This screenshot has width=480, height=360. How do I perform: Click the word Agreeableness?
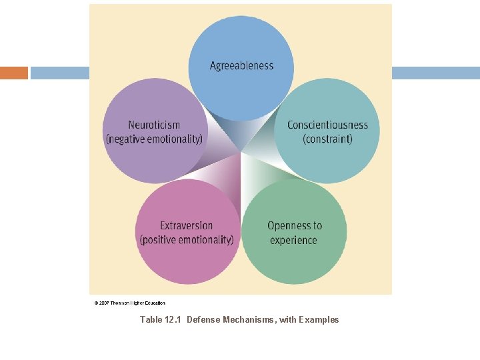[x=241, y=65]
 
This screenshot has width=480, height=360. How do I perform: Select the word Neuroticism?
[x=154, y=125]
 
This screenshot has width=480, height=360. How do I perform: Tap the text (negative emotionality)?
[x=154, y=139]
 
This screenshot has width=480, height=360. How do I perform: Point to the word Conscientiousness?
[x=327, y=125]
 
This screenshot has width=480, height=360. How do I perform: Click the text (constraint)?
[x=327, y=139]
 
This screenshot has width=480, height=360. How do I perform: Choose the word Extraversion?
[x=187, y=225]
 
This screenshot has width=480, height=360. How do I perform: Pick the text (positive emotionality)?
[x=187, y=240]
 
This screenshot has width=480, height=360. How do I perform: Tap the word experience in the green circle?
[x=293, y=240]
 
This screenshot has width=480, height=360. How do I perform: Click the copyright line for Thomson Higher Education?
[x=130, y=303]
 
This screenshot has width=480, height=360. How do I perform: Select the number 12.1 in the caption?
[x=173, y=320]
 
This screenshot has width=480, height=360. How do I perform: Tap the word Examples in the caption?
[x=319, y=320]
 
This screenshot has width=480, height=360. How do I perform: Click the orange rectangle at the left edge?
[x=14, y=73]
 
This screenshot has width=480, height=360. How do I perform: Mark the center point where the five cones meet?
[x=240, y=152]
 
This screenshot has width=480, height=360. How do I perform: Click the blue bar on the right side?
[x=435, y=73]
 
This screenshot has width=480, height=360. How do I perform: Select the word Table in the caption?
[x=150, y=320]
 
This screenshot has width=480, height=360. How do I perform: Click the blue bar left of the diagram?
[x=60, y=73]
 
